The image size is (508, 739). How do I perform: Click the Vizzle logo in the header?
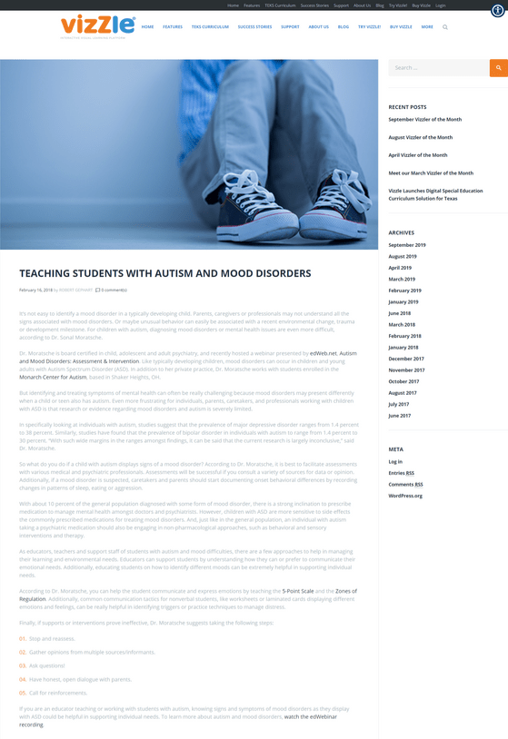(97, 26)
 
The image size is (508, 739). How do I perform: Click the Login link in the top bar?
(441, 5)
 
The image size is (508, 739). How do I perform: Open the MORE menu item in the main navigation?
(427, 27)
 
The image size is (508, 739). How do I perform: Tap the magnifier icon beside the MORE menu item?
(445, 27)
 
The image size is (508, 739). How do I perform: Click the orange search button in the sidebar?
(498, 68)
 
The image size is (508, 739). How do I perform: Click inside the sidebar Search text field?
(438, 68)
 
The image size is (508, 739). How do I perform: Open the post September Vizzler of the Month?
(424, 120)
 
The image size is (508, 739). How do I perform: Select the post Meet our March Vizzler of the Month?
(430, 172)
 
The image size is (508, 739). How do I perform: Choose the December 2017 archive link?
(406, 359)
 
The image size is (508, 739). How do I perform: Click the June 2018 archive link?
(400, 313)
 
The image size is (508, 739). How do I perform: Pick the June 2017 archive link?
(400, 415)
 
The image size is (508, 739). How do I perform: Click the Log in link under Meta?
(395, 462)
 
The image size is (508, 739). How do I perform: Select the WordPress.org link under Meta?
(404, 496)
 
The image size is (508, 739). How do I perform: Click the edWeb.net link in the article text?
(323, 353)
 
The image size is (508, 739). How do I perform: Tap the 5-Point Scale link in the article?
(297, 591)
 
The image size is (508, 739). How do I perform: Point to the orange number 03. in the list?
(23, 665)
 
